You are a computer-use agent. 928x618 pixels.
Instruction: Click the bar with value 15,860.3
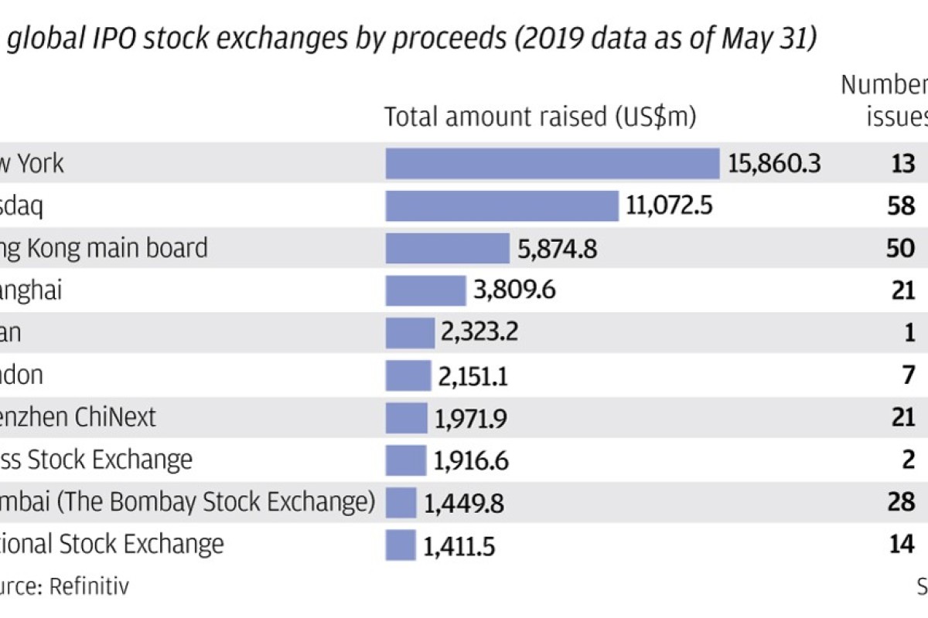[553, 164]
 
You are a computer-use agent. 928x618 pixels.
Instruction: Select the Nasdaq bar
[502, 206]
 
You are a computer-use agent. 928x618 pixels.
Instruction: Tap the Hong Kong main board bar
[448, 248]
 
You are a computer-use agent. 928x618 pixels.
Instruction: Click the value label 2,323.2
[479, 333]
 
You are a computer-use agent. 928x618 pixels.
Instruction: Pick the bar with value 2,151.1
[408, 375]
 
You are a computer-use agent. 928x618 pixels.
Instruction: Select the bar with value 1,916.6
[405, 460]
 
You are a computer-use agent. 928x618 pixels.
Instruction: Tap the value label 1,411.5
[459, 545]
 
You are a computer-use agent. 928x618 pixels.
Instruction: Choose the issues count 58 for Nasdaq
[902, 206]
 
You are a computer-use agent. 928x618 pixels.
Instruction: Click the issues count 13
[902, 164]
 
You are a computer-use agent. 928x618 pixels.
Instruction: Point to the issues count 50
[902, 248]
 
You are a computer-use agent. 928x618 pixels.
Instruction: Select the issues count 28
[902, 502]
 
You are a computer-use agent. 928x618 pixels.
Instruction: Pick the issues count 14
[902, 545]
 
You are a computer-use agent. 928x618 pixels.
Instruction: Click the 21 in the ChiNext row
[902, 418]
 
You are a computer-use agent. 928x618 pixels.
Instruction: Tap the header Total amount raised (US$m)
[541, 117]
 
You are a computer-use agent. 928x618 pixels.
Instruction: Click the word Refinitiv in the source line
[89, 586]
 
